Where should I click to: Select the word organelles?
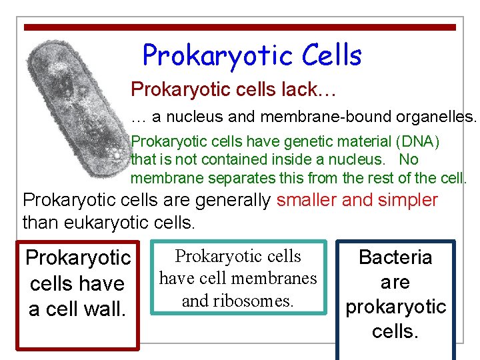tap(437, 118)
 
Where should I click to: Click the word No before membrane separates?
tap(409, 160)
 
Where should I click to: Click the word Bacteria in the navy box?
tap(395, 257)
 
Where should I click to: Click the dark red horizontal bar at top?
tap(240, 27)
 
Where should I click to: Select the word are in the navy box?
tap(395, 282)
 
